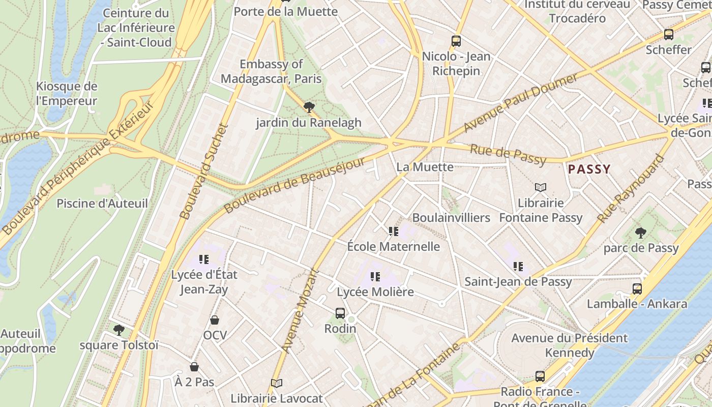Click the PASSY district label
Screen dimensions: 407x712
click(589, 169)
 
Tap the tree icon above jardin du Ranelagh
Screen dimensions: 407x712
click(308, 107)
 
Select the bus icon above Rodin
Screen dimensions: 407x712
click(340, 313)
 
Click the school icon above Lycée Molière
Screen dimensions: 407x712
click(375, 277)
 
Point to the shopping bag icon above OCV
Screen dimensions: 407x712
click(215, 320)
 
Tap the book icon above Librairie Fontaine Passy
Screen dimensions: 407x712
click(540, 188)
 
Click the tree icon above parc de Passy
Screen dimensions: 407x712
click(641, 233)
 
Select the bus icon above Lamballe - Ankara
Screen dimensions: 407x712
click(637, 289)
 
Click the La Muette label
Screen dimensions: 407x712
click(425, 167)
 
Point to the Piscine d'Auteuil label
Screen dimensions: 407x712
click(102, 203)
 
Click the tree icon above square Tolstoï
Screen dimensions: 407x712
click(119, 330)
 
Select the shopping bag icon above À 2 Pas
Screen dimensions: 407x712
click(194, 367)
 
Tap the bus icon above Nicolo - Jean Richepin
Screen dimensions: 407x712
click(456, 41)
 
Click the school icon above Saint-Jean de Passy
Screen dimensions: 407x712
click(518, 266)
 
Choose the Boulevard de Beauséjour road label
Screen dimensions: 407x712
click(294, 186)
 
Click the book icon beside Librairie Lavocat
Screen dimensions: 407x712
click(277, 383)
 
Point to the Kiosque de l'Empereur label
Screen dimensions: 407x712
click(67, 94)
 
